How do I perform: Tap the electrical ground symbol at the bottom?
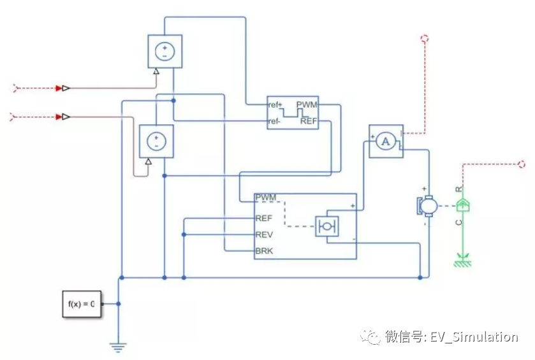pos(117,347)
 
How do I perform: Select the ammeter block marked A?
pos(385,141)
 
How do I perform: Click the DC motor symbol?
pos(425,205)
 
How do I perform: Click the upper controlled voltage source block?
pos(165,52)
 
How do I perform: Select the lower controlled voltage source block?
pos(156,141)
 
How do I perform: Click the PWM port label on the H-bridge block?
pos(266,198)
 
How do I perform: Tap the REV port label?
pos(264,234)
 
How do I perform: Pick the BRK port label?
pos(264,251)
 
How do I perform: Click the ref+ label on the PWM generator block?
pos(275,104)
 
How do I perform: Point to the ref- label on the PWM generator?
pos(274,120)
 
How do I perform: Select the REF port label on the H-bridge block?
pos(264,218)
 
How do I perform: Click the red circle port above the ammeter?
pos(424,38)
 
